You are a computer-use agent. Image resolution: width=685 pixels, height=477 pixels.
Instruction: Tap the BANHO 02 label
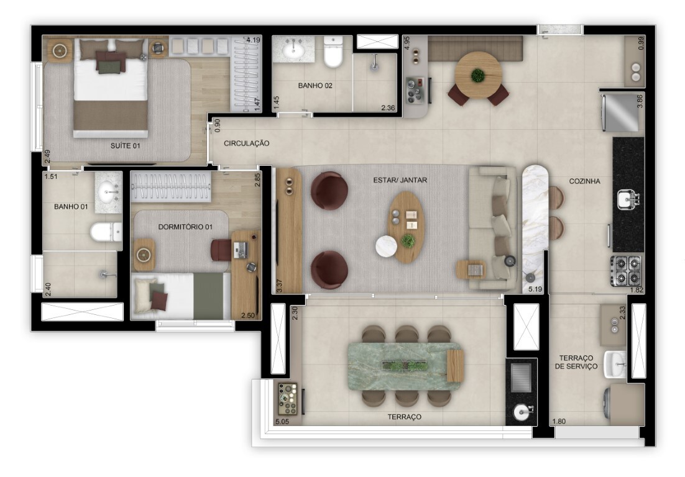315,86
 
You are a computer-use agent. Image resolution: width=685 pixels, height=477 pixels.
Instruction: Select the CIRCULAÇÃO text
247,143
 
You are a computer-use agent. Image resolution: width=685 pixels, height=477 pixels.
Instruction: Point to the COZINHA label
584,181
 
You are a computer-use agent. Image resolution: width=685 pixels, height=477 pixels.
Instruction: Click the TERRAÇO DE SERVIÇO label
577,362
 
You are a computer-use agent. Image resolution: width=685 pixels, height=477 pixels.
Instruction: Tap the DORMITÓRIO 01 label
185,227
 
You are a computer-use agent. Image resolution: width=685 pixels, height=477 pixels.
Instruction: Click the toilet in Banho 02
334,53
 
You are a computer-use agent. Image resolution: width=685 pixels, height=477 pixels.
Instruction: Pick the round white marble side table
386,247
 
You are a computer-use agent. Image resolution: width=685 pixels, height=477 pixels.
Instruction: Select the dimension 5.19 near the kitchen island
535,289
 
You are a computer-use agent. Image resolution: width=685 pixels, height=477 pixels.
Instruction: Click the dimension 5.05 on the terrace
283,422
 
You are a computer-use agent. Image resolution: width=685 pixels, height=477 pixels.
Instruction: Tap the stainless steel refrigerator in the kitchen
621,113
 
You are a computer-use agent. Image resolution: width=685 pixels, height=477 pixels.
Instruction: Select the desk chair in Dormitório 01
221,250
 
